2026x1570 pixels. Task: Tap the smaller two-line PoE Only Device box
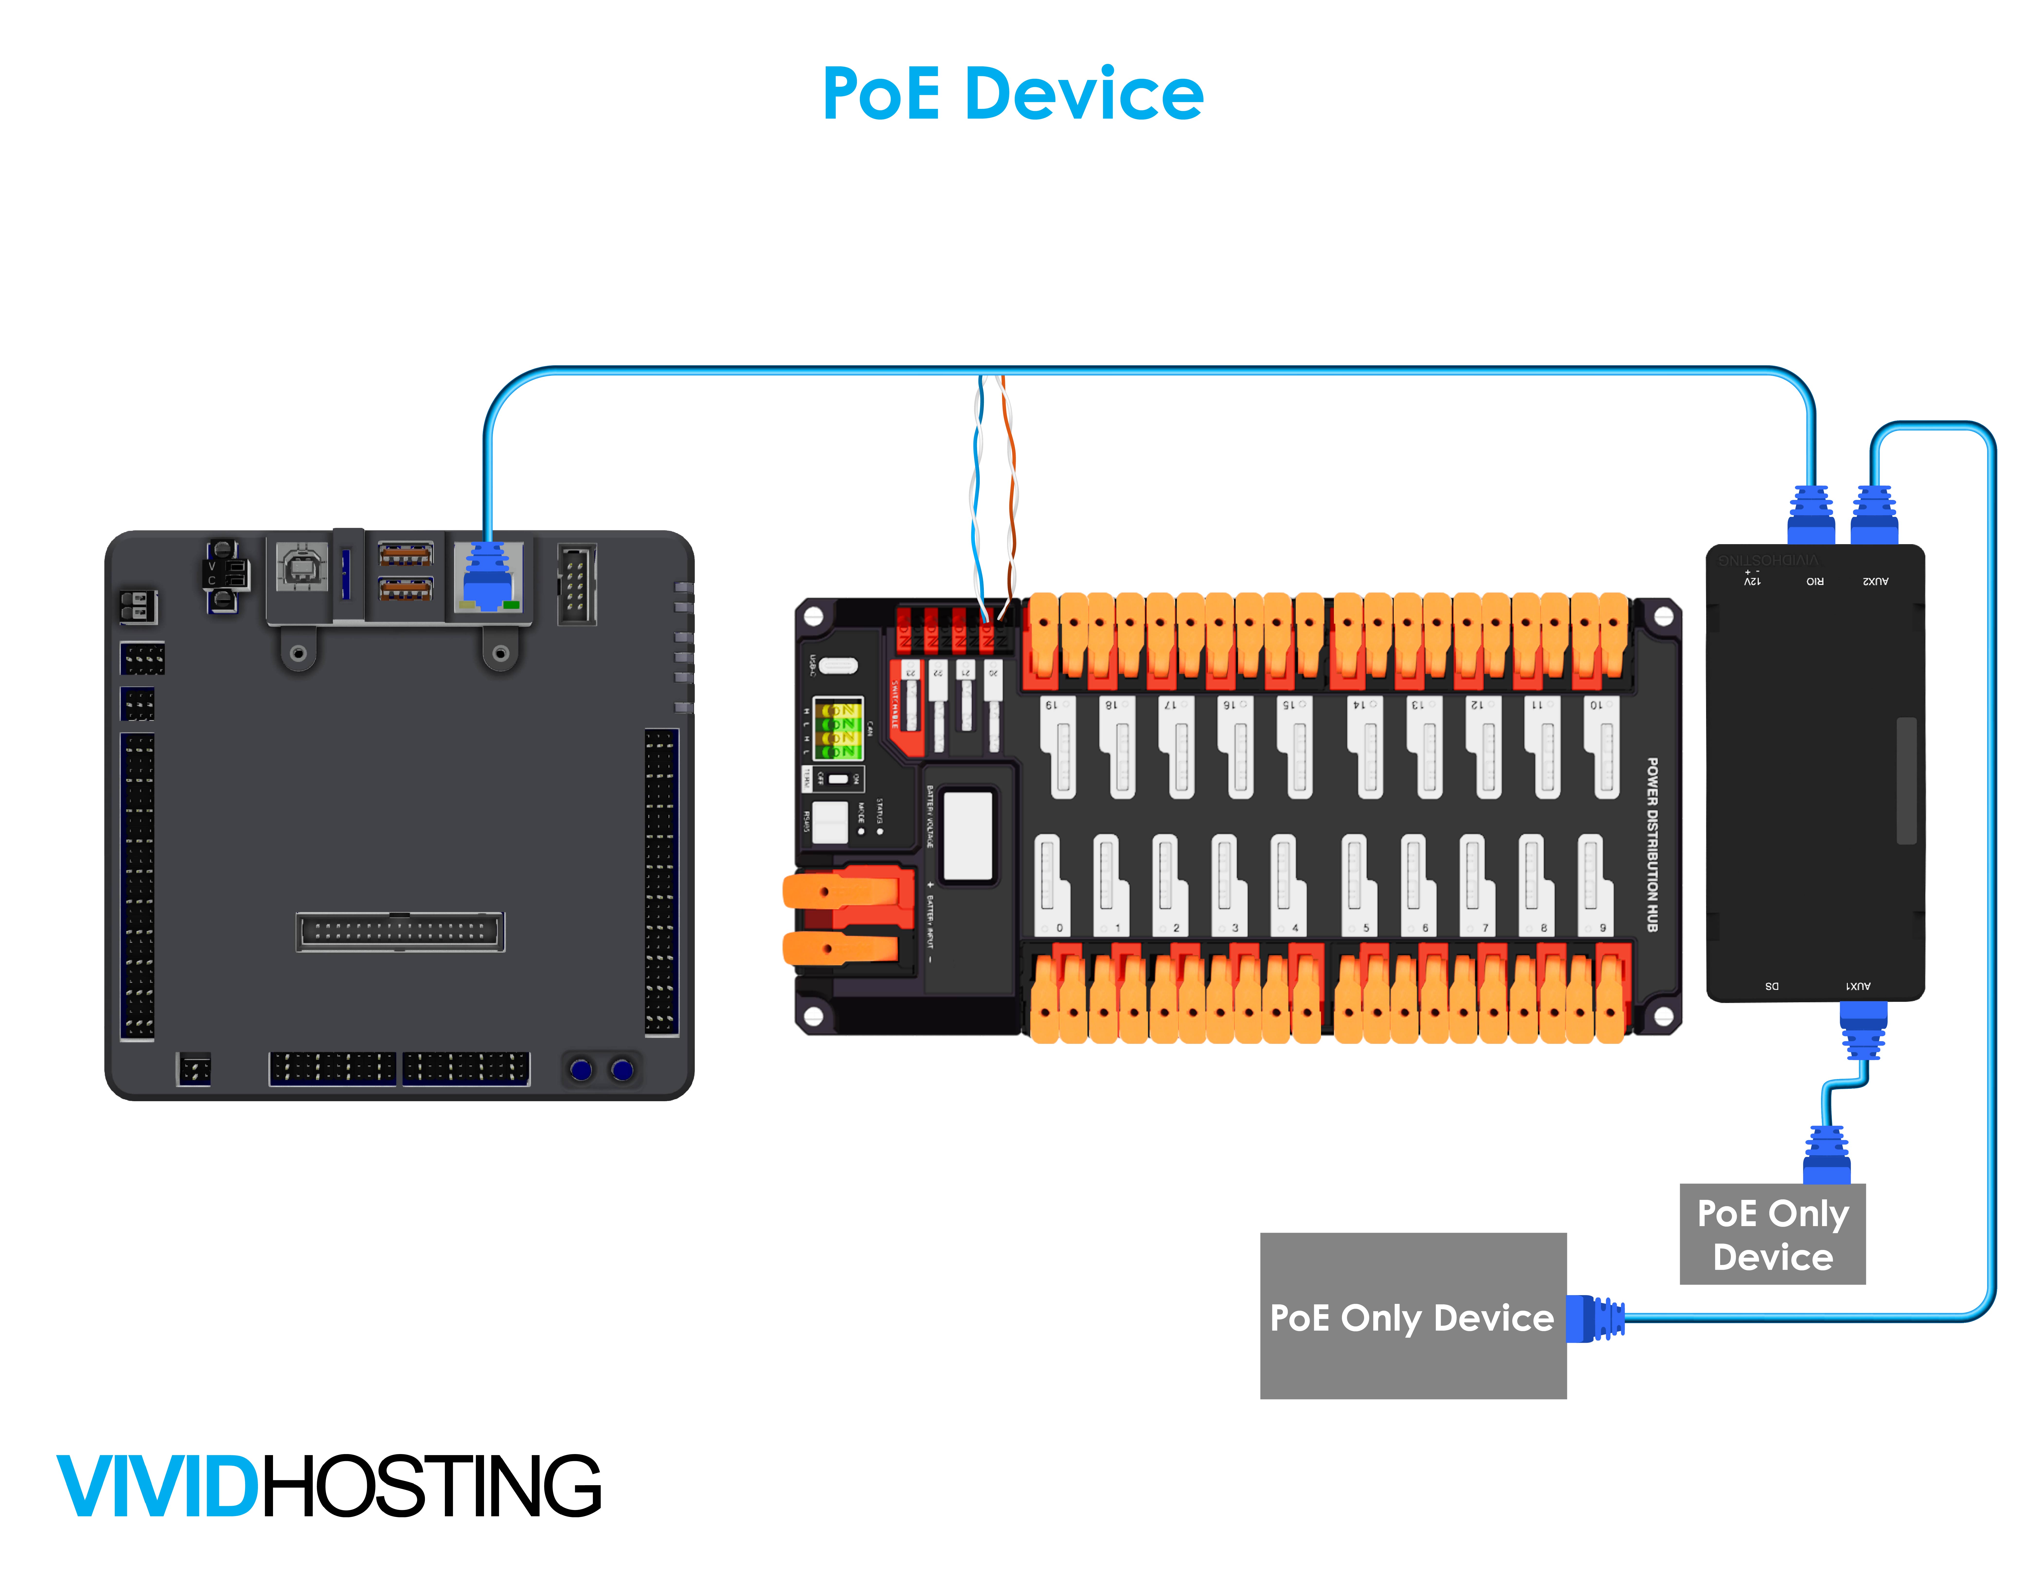pos(1772,1234)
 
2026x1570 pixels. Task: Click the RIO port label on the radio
pos(1815,581)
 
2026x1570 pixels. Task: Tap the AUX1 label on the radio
pos(1858,986)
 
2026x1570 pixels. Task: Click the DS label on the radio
pos(1772,986)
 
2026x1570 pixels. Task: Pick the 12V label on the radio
pos(1751,581)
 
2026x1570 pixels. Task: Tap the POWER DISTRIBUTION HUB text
pos(1652,844)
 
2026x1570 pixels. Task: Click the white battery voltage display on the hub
pos(968,835)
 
